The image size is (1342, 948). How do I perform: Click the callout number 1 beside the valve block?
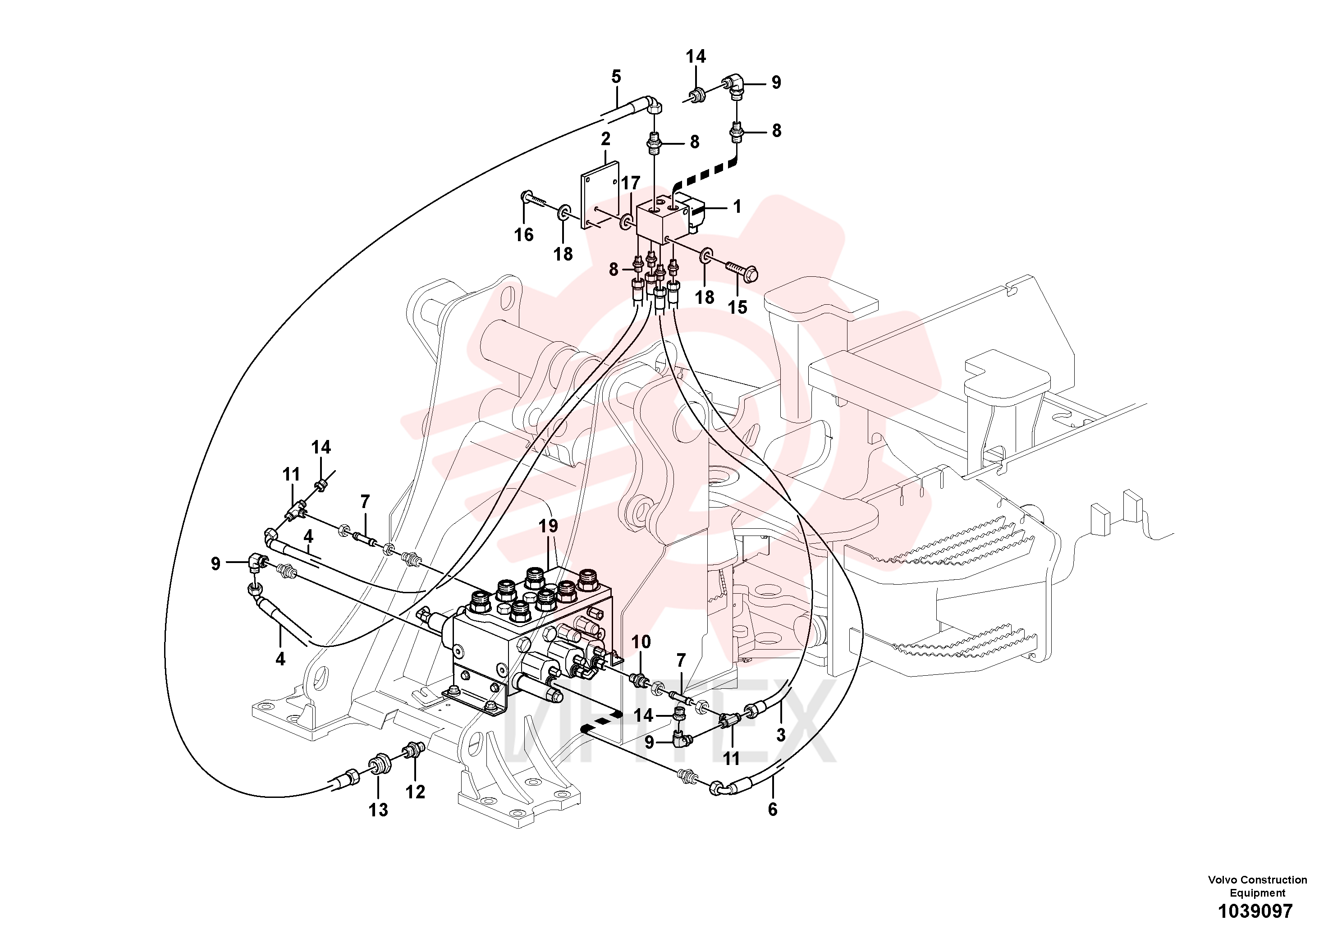[737, 206]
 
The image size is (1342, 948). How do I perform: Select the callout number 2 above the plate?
[605, 139]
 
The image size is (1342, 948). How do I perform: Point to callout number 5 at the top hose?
[616, 77]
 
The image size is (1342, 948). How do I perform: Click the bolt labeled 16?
[534, 200]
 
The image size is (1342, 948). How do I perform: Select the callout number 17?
[631, 183]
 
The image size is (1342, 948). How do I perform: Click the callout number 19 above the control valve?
[548, 527]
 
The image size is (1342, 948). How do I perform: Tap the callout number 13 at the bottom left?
[378, 810]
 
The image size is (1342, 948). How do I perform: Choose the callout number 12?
[415, 792]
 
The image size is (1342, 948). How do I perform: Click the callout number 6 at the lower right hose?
[773, 810]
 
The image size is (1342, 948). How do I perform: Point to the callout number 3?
[781, 735]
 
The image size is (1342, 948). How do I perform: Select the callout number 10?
[641, 642]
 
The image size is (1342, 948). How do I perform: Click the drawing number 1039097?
[1255, 911]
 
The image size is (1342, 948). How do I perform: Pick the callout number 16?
[524, 235]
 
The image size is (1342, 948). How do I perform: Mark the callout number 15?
[737, 307]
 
